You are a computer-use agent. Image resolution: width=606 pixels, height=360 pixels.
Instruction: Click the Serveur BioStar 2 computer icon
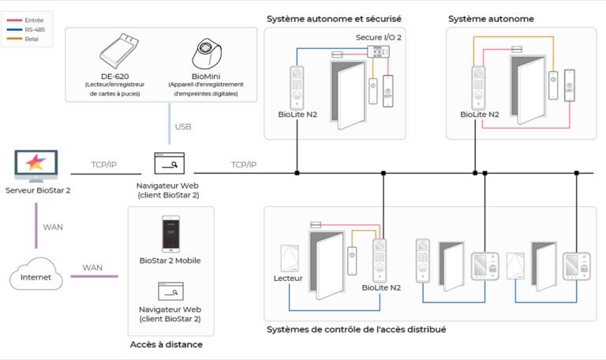tap(37, 166)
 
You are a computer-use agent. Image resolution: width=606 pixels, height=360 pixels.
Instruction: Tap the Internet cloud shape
tap(36, 275)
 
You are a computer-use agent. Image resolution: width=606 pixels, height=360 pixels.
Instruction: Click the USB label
tap(182, 126)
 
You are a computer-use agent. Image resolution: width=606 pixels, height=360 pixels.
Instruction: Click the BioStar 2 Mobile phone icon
tap(169, 234)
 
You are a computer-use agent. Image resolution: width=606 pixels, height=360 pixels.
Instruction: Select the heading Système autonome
tap(491, 18)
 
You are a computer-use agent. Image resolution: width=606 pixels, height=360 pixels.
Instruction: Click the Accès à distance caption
tap(166, 344)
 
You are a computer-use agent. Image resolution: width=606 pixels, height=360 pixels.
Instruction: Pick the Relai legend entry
tap(32, 38)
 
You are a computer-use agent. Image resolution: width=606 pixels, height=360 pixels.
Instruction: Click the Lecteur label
tap(288, 278)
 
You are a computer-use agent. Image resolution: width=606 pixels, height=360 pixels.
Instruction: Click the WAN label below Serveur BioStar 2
tap(53, 227)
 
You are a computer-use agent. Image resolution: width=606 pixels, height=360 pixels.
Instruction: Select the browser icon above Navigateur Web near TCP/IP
tap(169, 163)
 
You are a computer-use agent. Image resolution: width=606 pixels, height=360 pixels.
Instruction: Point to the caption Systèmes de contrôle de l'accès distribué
tap(357, 328)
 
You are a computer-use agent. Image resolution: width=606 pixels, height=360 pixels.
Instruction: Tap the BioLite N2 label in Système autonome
tap(480, 114)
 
